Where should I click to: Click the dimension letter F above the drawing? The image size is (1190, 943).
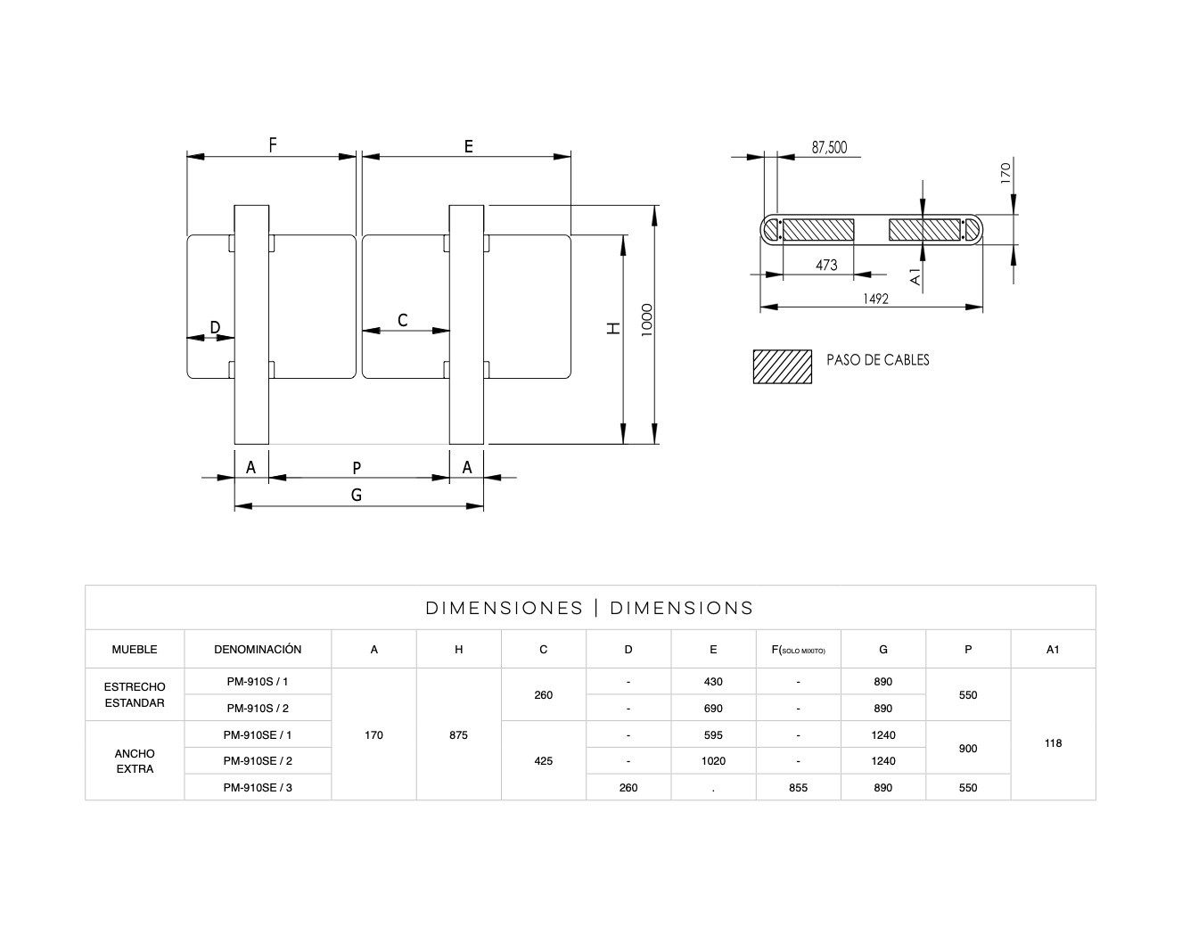pos(273,144)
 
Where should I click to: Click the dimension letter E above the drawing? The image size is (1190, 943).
pos(469,146)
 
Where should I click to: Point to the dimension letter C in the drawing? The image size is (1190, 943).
pos(403,320)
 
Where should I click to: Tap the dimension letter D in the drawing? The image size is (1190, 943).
pos(215,327)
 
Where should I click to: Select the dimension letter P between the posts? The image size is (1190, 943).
pos(357,467)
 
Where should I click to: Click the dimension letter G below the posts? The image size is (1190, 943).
pos(357,495)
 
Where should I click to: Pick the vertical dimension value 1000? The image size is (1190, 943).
pos(647,320)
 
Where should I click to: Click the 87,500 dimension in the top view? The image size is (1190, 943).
pos(829,148)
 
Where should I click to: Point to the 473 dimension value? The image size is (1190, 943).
pos(826,265)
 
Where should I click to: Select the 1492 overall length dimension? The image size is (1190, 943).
pos(875,299)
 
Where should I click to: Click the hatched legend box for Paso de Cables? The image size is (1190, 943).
pos(782,366)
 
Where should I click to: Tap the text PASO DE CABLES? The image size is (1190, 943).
pos(877,360)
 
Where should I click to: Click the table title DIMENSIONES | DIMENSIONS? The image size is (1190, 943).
pos(589,608)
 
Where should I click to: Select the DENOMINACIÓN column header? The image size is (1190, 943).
pos(258,650)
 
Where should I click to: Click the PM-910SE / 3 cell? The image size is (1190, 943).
pos(258,788)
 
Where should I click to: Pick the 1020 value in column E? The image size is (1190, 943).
pos(713,761)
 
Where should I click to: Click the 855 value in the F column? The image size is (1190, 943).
pos(798,788)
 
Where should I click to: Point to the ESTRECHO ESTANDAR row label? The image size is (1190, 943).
pos(135,695)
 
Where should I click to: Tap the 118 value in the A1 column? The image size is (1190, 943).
pos(1053,743)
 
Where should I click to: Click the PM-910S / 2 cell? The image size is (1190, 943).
pos(258,709)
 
